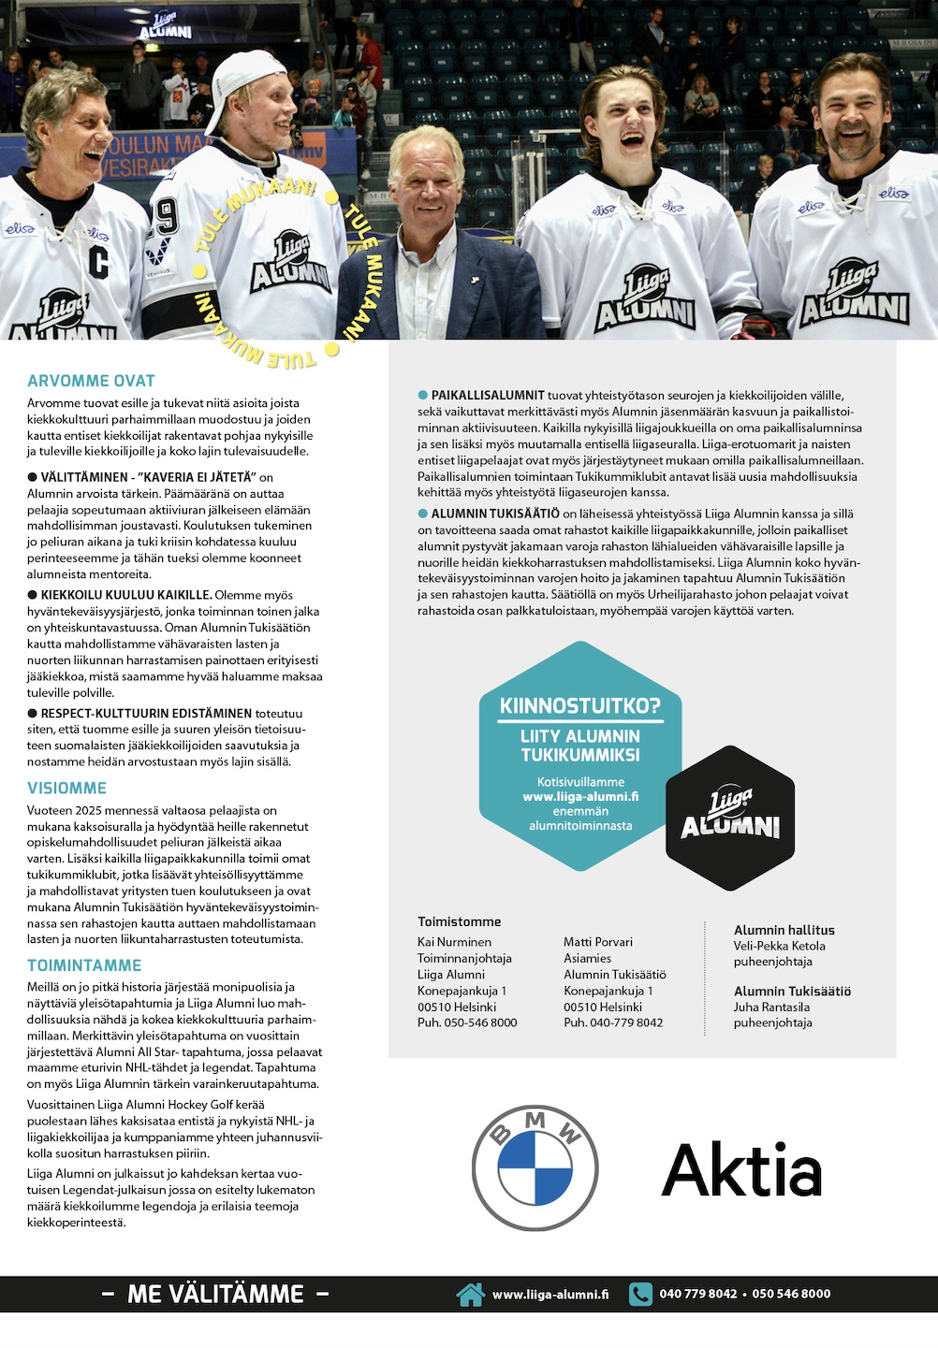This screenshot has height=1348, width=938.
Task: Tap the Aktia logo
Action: [741, 1169]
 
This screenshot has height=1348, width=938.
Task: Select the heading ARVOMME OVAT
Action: [91, 381]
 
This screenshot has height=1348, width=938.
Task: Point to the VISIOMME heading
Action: [66, 788]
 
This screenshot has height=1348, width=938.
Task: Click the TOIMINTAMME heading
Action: [84, 965]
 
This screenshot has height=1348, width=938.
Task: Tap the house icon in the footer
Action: [470, 1294]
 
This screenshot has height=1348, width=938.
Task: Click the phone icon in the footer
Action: [640, 1294]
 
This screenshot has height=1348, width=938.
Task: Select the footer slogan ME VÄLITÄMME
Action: [215, 1294]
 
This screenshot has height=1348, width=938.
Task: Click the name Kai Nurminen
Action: [454, 942]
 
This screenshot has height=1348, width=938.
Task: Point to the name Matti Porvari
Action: [598, 942]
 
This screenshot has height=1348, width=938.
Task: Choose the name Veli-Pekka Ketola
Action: [780, 946]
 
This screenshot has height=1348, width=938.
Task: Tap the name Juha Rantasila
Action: [771, 1007]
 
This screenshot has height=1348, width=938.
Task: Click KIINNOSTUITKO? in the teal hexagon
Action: [579, 705]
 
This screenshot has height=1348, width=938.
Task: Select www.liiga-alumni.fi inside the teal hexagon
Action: [580, 797]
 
